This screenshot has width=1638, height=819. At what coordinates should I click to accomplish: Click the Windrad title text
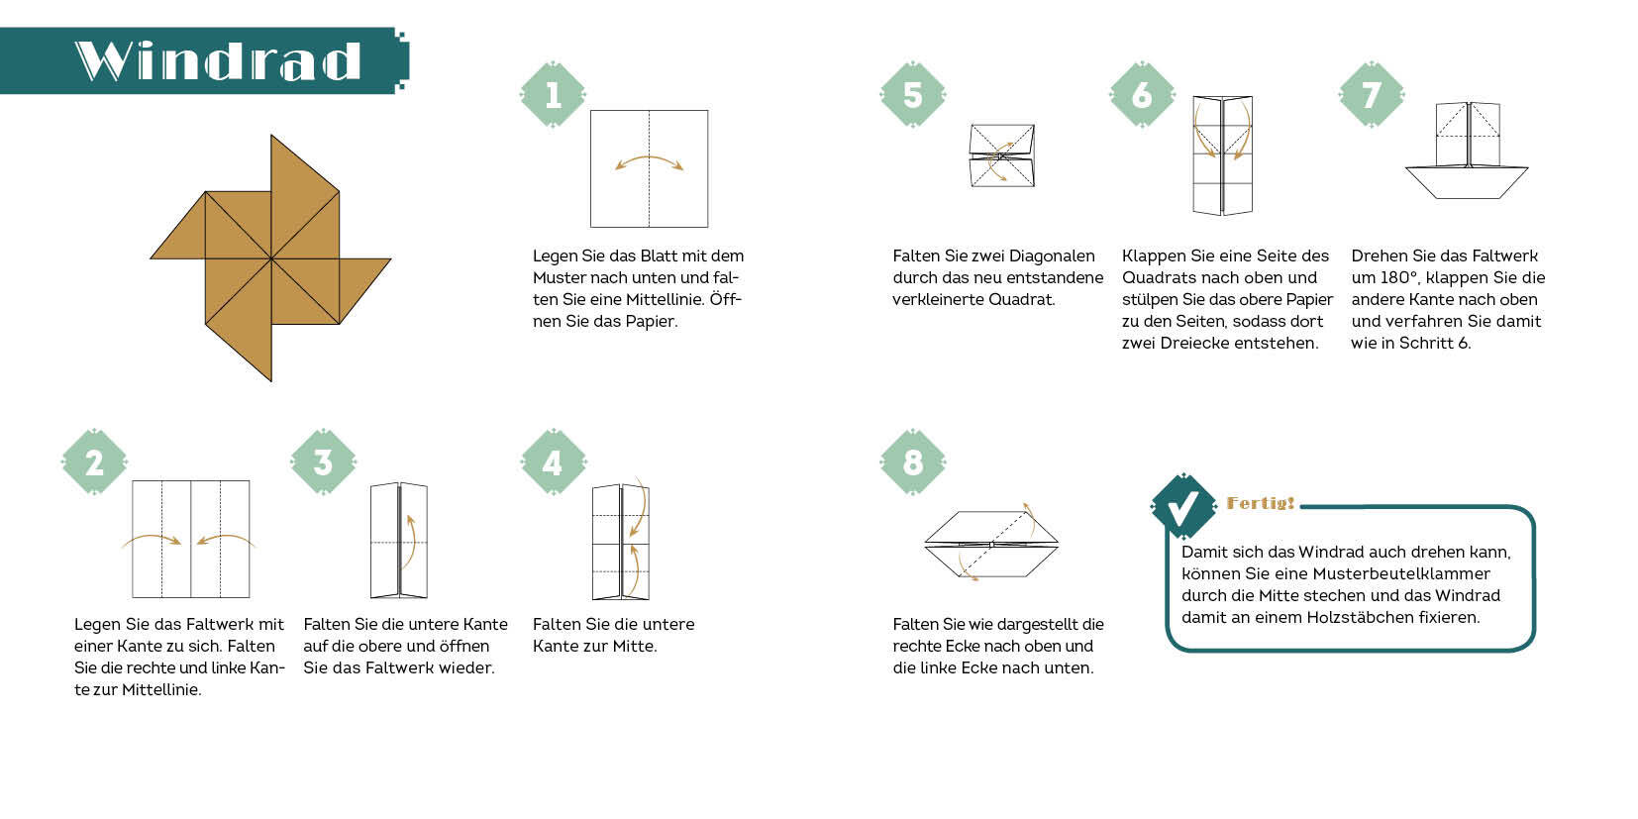pos(218,60)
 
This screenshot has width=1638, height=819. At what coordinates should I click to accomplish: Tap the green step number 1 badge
pos(553,94)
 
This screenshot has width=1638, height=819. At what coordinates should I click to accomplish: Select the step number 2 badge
pos(94,462)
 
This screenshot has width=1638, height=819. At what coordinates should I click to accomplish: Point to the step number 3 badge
pos(323,462)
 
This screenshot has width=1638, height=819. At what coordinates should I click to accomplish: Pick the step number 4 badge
pos(553,462)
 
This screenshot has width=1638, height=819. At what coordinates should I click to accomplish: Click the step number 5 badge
pos(913,94)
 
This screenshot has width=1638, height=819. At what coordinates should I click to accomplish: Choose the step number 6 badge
pos(1142,94)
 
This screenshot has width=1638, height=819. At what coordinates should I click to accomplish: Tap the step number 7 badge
pos(1372,94)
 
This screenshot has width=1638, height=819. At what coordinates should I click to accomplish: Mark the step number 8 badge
pos(913,462)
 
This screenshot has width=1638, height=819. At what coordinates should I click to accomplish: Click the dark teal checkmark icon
pos(1183,507)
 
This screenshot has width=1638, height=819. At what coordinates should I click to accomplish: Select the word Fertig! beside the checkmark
pos(1261,503)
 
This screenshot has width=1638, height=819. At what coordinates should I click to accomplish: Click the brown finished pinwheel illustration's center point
pos(271,258)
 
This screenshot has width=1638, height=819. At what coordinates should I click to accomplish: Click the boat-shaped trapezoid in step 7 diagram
pos(1466,183)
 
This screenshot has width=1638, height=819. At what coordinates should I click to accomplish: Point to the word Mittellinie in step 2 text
pos(160,690)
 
